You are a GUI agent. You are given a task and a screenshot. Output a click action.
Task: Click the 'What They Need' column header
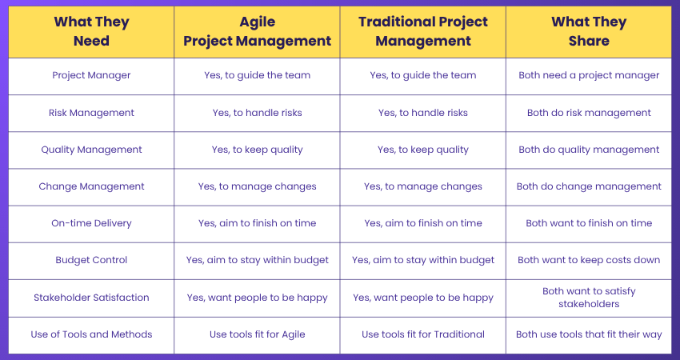pyautogui.click(x=91, y=31)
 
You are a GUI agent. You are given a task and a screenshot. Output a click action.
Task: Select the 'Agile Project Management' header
pyautogui.click(x=257, y=31)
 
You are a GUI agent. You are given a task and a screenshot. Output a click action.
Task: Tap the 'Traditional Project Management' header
pyautogui.click(x=422, y=31)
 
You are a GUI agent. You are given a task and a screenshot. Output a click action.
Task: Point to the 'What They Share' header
pyautogui.click(x=589, y=31)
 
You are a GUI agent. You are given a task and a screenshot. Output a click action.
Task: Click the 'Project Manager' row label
pyautogui.click(x=91, y=76)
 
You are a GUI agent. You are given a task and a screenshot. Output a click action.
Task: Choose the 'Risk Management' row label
pyautogui.click(x=91, y=113)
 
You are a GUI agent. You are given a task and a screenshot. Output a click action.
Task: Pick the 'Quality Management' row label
pyautogui.click(x=91, y=150)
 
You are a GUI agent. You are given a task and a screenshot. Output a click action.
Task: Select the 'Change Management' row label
pyautogui.click(x=91, y=186)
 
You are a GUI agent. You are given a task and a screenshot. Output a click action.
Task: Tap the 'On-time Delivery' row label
pyautogui.click(x=91, y=223)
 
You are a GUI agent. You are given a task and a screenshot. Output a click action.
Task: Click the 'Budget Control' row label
pyautogui.click(x=91, y=260)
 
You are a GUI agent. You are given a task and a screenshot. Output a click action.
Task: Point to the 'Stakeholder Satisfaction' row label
pyautogui.click(x=91, y=298)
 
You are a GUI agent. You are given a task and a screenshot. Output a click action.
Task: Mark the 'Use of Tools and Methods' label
pyautogui.click(x=91, y=334)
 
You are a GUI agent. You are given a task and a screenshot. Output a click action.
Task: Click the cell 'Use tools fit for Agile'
pyautogui.click(x=257, y=334)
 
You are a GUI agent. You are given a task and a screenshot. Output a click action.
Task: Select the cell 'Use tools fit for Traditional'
pyautogui.click(x=422, y=334)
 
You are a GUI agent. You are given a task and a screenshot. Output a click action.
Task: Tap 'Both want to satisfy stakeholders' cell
pyautogui.click(x=589, y=298)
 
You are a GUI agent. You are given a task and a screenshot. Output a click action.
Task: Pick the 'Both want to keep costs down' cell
pyautogui.click(x=589, y=260)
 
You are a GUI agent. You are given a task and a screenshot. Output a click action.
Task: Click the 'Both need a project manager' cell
pyautogui.click(x=589, y=76)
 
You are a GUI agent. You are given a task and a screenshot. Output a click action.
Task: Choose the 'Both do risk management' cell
pyautogui.click(x=589, y=113)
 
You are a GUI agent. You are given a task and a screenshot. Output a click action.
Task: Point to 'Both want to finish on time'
pyautogui.click(x=589, y=223)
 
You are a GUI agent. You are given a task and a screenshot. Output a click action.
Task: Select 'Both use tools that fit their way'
pyautogui.click(x=589, y=334)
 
